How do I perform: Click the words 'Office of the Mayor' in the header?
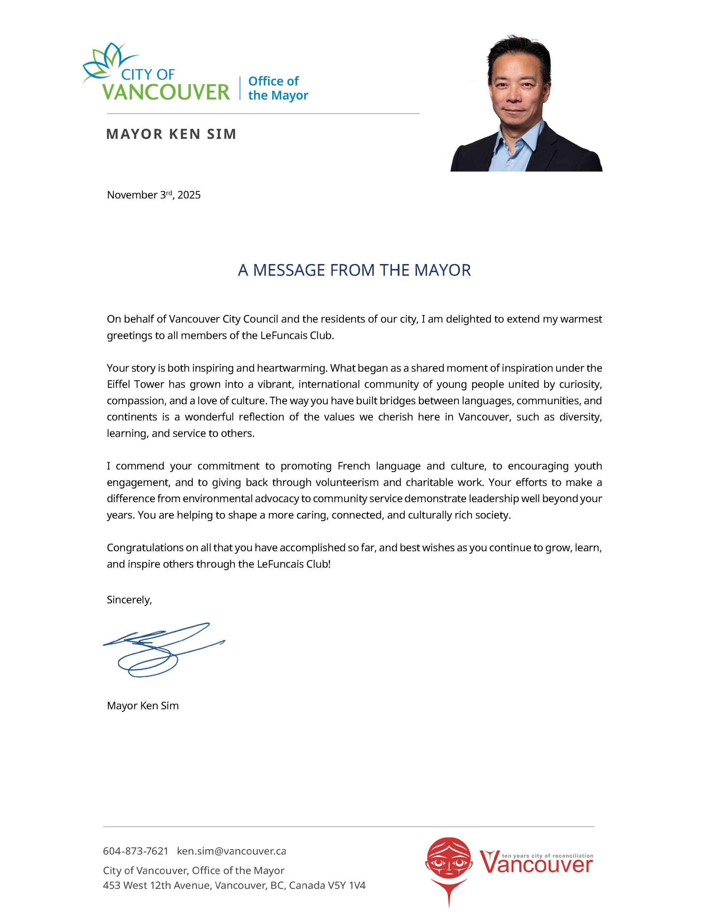point(278,88)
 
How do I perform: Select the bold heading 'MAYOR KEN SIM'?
point(171,134)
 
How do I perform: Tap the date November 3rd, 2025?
point(154,195)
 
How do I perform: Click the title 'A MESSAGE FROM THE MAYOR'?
point(354,270)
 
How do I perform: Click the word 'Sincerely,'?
point(129,600)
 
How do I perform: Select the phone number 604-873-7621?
point(135,851)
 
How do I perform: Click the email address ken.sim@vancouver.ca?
point(231,851)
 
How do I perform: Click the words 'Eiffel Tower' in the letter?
point(135,384)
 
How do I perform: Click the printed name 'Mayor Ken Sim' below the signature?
point(143,705)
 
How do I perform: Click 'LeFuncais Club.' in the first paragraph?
point(297,336)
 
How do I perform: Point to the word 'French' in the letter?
point(354,466)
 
